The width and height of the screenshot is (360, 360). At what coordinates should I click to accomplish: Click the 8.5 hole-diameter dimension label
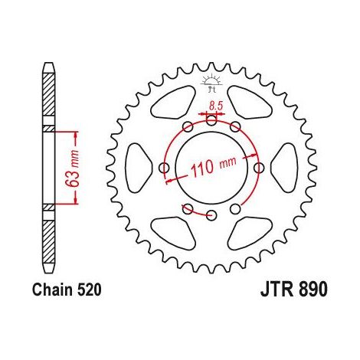pos(216,106)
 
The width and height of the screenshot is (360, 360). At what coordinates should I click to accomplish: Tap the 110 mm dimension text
pos(214,167)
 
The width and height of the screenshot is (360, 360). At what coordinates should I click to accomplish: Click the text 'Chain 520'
pos(67,290)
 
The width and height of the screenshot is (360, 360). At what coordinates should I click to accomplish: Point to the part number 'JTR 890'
pos(293,290)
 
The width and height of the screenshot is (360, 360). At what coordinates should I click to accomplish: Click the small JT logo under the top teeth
pos(211,83)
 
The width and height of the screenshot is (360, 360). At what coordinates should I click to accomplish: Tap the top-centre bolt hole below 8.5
pos(211,120)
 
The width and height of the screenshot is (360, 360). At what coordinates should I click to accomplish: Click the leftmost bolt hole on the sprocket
pos(164,168)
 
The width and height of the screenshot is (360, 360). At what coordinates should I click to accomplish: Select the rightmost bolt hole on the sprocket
pos(259,168)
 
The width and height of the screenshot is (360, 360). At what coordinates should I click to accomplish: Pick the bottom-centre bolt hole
pos(211,214)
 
